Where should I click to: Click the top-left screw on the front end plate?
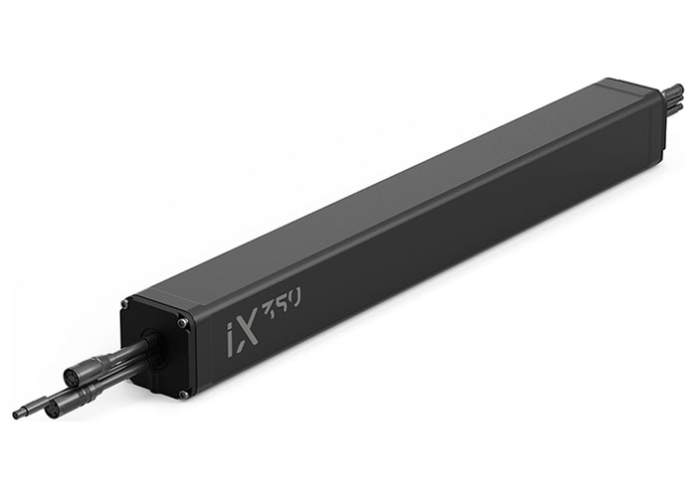(x=125, y=303)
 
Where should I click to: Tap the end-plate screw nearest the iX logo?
(x=181, y=323)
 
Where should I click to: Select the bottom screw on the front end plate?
(x=182, y=394)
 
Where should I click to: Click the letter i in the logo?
(x=231, y=340)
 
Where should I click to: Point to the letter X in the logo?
(x=248, y=330)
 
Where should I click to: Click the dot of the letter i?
(x=230, y=327)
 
